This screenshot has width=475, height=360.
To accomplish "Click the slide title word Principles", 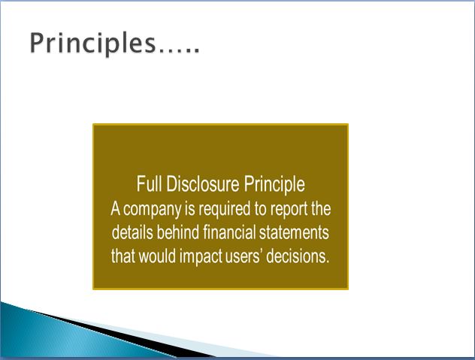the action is pyautogui.click(x=92, y=44).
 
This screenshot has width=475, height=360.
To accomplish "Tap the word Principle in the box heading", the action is pyautogui.click(x=274, y=184).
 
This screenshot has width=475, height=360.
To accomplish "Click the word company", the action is pyautogui.click(x=153, y=210).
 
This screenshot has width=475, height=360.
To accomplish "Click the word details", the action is pyautogui.click(x=132, y=232).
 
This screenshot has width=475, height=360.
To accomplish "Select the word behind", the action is pyautogui.click(x=178, y=232).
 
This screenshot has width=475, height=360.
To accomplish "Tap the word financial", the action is pyautogui.click(x=229, y=232).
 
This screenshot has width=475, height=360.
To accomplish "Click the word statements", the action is pyautogui.click(x=294, y=233).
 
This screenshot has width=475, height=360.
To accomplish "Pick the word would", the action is pyautogui.click(x=157, y=256).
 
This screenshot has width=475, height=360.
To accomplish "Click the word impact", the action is pyautogui.click(x=201, y=257).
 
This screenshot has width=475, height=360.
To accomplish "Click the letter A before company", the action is pyautogui.click(x=115, y=209).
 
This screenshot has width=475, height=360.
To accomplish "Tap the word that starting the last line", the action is pyautogui.click(x=123, y=256).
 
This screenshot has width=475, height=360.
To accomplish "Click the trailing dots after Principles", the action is pyautogui.click(x=180, y=51).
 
